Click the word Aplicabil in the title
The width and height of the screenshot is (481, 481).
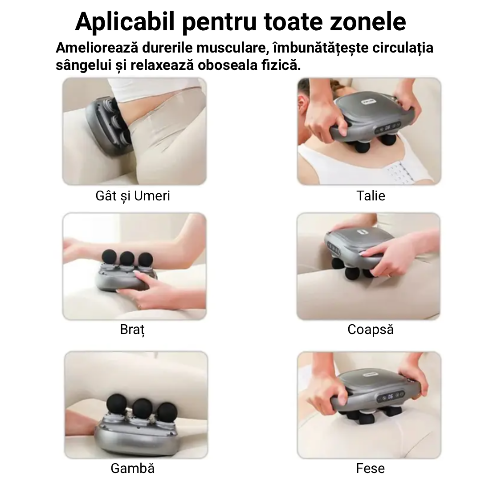pos(125,22)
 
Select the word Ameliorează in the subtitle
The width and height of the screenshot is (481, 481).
pos(97,48)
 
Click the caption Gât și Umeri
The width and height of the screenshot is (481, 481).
pos(133,196)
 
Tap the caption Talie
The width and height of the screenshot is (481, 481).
pos(371,196)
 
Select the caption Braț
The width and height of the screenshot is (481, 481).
pos(132,330)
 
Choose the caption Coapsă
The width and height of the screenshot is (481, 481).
pos(371,330)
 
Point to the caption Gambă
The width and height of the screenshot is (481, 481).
pos(133,468)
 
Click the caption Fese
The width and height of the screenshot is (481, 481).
pos(370,468)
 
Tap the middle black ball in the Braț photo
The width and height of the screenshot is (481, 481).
pos(127,259)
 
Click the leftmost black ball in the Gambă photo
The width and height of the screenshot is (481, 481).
pos(117,404)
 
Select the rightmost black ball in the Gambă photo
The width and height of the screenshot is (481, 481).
pos(166,412)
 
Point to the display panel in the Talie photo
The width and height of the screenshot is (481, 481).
pos(387,127)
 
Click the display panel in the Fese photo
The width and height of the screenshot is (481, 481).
pos(391,396)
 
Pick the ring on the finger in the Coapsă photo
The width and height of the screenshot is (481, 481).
pos(389,275)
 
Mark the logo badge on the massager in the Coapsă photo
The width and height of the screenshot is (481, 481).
pos(363,232)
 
